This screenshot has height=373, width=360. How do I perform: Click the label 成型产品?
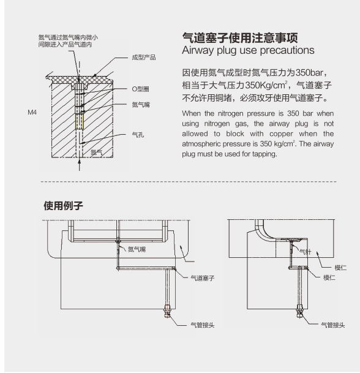pos(144,58)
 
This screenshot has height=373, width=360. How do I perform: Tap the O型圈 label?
pos(140,89)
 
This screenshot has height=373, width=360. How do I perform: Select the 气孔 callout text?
pos(138,135)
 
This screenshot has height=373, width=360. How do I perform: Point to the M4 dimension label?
pos(32,112)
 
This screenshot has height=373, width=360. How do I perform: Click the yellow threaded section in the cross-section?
pos(80,121)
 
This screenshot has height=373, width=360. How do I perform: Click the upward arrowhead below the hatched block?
pos(80,161)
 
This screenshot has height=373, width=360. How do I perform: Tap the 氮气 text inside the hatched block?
pos(96,153)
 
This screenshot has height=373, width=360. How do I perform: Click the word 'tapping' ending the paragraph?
pos(264,154)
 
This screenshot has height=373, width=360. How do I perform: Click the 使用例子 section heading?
pos(63,206)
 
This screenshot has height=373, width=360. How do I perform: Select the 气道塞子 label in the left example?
pos(203,278)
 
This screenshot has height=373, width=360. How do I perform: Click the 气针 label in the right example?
pos(305,252)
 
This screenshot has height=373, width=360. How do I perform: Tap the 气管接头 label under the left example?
pos(203,325)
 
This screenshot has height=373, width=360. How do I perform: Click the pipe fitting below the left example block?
pos(168,311)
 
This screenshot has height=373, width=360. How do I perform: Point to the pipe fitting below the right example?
pos(300,311)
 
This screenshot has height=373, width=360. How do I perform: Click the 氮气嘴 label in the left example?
pos(137,249)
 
